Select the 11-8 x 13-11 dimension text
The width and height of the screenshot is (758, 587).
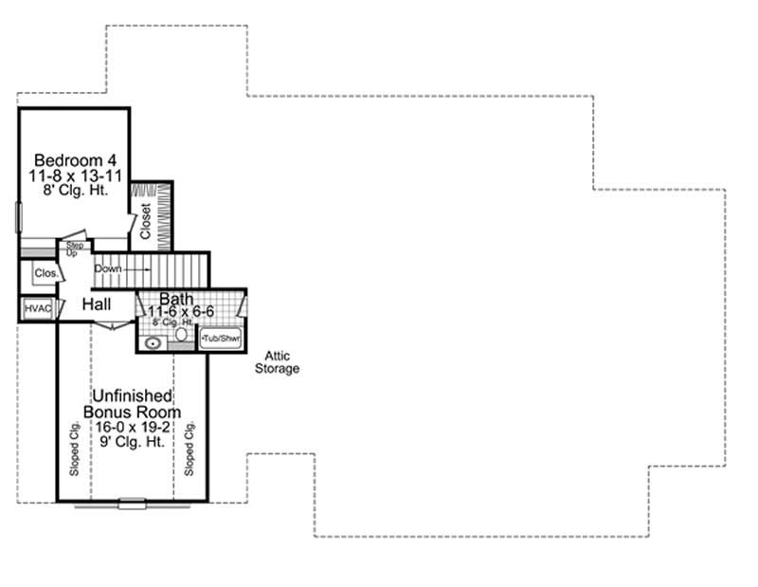tap(70, 174)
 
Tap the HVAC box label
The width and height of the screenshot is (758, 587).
tap(37, 308)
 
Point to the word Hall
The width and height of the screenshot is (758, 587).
tap(97, 304)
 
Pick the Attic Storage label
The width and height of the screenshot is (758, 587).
tap(277, 362)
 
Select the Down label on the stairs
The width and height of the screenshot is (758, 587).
tap(108, 268)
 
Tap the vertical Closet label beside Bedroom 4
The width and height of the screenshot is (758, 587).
tap(145, 220)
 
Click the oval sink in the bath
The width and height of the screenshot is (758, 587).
tap(153, 342)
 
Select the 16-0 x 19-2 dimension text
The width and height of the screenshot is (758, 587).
tap(132, 428)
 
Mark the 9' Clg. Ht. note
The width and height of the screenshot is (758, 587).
tap(132, 443)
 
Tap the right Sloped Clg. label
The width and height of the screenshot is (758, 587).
tap(189, 448)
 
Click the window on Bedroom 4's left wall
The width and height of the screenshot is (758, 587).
tap(18, 216)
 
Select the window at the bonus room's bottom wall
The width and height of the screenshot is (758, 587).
tap(132, 504)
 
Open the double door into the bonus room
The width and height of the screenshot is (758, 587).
tap(113, 325)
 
